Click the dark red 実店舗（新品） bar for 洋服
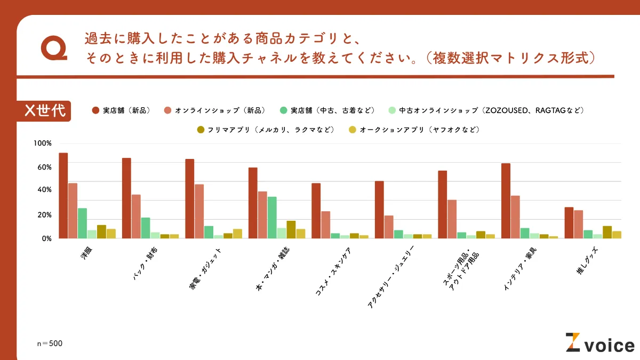click(x=63, y=196)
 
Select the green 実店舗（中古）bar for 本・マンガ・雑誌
click(x=272, y=218)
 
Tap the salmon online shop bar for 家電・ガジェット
click(x=199, y=211)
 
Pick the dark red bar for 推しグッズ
click(x=569, y=222)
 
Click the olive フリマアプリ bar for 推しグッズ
click(x=607, y=232)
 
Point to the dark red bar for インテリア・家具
click(x=506, y=201)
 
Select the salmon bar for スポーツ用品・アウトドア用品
click(x=452, y=219)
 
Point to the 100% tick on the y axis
click(x=42, y=143)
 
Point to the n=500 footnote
click(x=50, y=343)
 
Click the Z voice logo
click(x=599, y=343)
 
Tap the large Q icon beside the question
click(x=53, y=50)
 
